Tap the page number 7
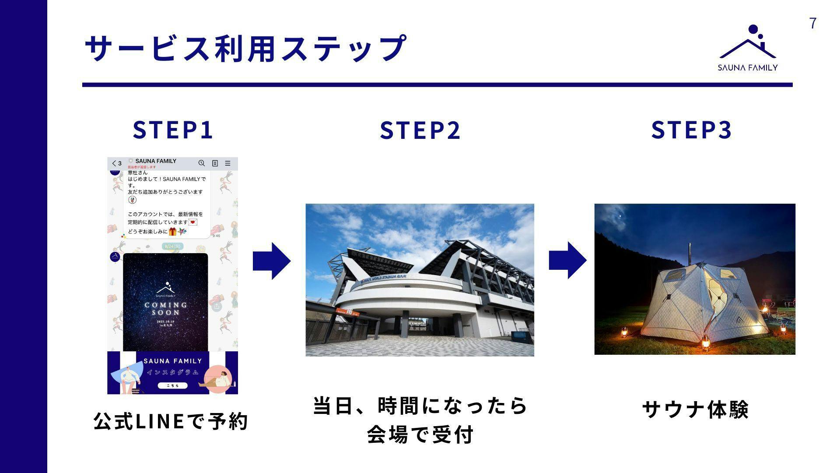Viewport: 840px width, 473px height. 813,23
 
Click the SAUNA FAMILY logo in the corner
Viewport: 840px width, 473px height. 748,48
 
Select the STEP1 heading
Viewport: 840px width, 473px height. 173,130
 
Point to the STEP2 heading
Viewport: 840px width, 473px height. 420,130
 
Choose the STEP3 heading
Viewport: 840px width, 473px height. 692,130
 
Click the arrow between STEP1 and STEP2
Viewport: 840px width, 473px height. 271,261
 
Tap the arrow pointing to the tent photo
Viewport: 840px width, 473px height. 567,260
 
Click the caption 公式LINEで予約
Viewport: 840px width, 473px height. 171,421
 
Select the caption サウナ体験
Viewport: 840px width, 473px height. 695,409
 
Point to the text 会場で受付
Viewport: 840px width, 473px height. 420,434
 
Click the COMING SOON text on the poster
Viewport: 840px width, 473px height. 166,308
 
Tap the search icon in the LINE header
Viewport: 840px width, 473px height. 201,163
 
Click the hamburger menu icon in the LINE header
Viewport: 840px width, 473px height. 227,163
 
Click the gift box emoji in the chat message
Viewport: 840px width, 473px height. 173,231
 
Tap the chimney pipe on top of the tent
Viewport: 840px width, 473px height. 690,253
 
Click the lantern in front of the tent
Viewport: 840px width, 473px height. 705,342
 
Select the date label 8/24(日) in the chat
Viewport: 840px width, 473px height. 173,247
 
